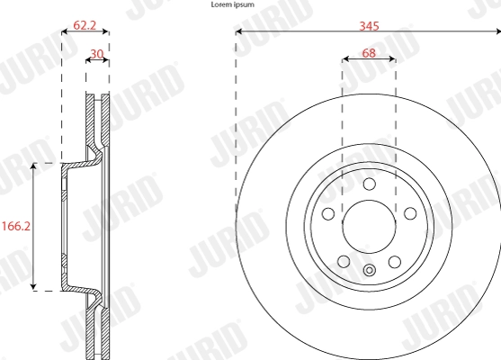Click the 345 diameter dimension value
coord(369,26)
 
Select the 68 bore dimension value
coord(369,54)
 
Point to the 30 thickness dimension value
coord(97,54)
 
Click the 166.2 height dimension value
coord(16,226)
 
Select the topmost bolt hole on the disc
coord(369,184)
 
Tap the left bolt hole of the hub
coord(327,214)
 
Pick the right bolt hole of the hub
coord(410,214)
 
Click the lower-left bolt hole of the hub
coord(344,262)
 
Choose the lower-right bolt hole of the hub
coord(394,262)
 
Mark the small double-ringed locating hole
coord(369,270)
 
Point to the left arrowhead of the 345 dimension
coord(238,33)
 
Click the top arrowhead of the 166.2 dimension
coord(33,166)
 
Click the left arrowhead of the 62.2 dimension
coord(64,33)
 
